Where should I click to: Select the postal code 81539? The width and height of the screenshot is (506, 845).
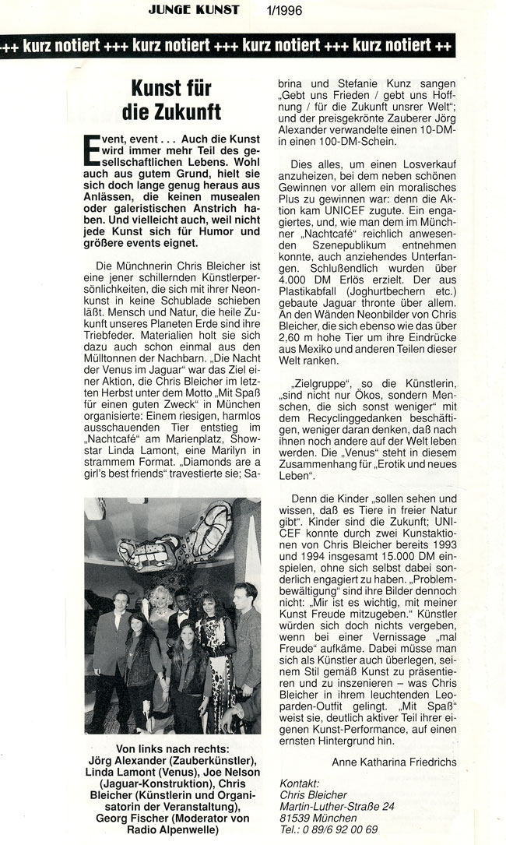tap(296, 817)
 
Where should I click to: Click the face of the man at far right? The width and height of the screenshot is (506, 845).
tap(244, 594)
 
